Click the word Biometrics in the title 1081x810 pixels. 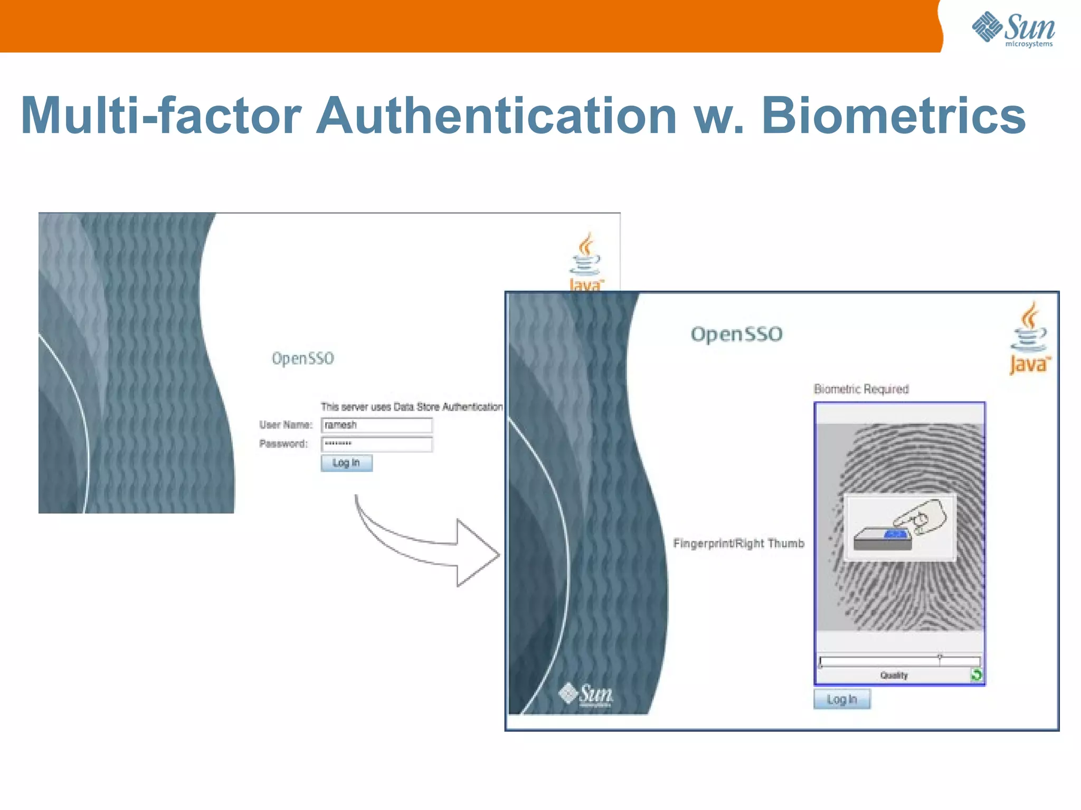click(893, 116)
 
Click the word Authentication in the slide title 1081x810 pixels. click(496, 116)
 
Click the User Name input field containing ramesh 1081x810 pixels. click(376, 425)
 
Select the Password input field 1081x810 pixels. click(376, 444)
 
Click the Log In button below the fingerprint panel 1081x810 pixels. click(841, 699)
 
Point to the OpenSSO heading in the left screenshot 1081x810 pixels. click(302, 358)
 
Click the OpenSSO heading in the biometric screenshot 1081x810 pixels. click(736, 334)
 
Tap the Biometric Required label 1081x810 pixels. click(861, 389)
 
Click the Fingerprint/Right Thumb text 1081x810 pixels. click(738, 543)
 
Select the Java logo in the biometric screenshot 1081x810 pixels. click(1029, 338)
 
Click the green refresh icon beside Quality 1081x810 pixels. click(976, 674)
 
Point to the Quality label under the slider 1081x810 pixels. click(894, 675)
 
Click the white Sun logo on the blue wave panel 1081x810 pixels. click(586, 693)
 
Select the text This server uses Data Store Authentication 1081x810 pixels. click(412, 407)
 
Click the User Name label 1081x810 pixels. click(286, 425)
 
